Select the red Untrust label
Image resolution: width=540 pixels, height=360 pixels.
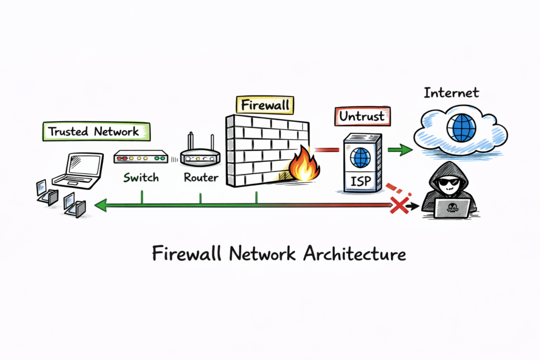pyautogui.click(x=363, y=116)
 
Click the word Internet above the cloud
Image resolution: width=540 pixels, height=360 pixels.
pyautogui.click(x=451, y=93)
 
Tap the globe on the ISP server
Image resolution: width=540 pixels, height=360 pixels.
pyautogui.click(x=361, y=158)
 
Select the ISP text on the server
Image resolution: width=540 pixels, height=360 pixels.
pyautogui.click(x=360, y=183)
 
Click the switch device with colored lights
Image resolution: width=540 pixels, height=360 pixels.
pyautogui.click(x=140, y=157)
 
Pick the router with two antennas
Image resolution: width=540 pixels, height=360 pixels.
pyautogui.click(x=200, y=155)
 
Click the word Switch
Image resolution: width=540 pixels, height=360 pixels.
pyautogui.click(x=141, y=178)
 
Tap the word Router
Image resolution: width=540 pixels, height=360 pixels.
pyautogui.click(x=201, y=178)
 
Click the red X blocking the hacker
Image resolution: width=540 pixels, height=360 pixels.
pyautogui.click(x=399, y=206)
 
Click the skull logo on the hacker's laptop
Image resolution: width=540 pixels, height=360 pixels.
pyautogui.click(x=452, y=207)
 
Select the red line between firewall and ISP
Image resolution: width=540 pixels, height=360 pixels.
pyautogui.click(x=326, y=150)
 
